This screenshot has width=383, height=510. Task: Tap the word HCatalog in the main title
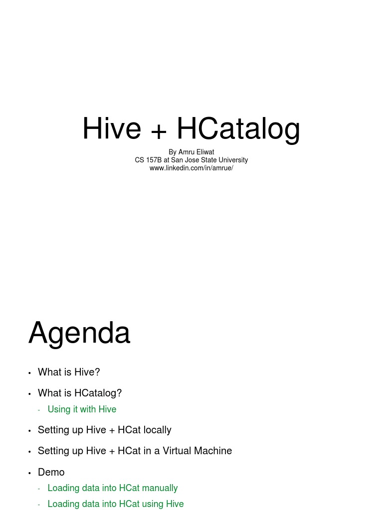238,128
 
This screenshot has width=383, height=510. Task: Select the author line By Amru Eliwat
191,152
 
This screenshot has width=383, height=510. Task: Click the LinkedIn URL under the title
191,168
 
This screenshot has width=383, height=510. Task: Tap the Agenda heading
79,333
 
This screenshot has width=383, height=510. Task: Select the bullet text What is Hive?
69,372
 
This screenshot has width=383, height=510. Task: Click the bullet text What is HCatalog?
80,393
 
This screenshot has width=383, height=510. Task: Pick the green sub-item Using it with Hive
82,409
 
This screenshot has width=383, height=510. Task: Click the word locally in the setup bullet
157,430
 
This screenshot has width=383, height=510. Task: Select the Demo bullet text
51,472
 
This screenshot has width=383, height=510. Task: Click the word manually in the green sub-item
160,488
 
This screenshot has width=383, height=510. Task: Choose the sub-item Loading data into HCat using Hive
116,504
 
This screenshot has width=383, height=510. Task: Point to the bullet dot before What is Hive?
30,373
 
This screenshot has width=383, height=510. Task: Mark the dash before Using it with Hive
39,410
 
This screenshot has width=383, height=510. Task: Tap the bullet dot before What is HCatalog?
30,394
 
